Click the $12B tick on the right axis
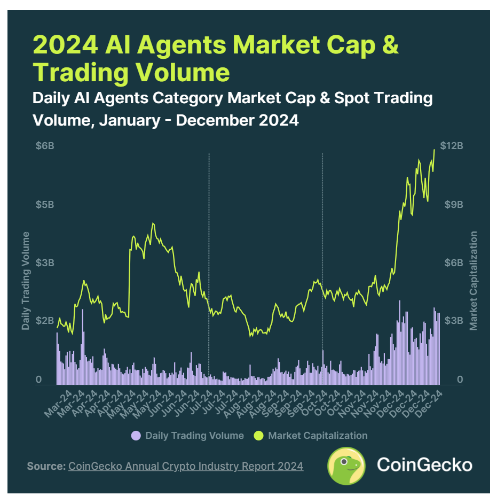click(x=452, y=146)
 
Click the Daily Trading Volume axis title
click(x=25, y=281)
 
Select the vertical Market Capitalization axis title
click(x=473, y=281)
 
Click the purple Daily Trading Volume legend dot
click(x=136, y=436)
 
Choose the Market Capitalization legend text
click(x=318, y=436)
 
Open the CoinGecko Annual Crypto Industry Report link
click(x=186, y=466)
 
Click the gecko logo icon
click(x=346, y=466)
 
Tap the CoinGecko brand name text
click(x=424, y=465)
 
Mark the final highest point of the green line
click(x=434, y=150)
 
